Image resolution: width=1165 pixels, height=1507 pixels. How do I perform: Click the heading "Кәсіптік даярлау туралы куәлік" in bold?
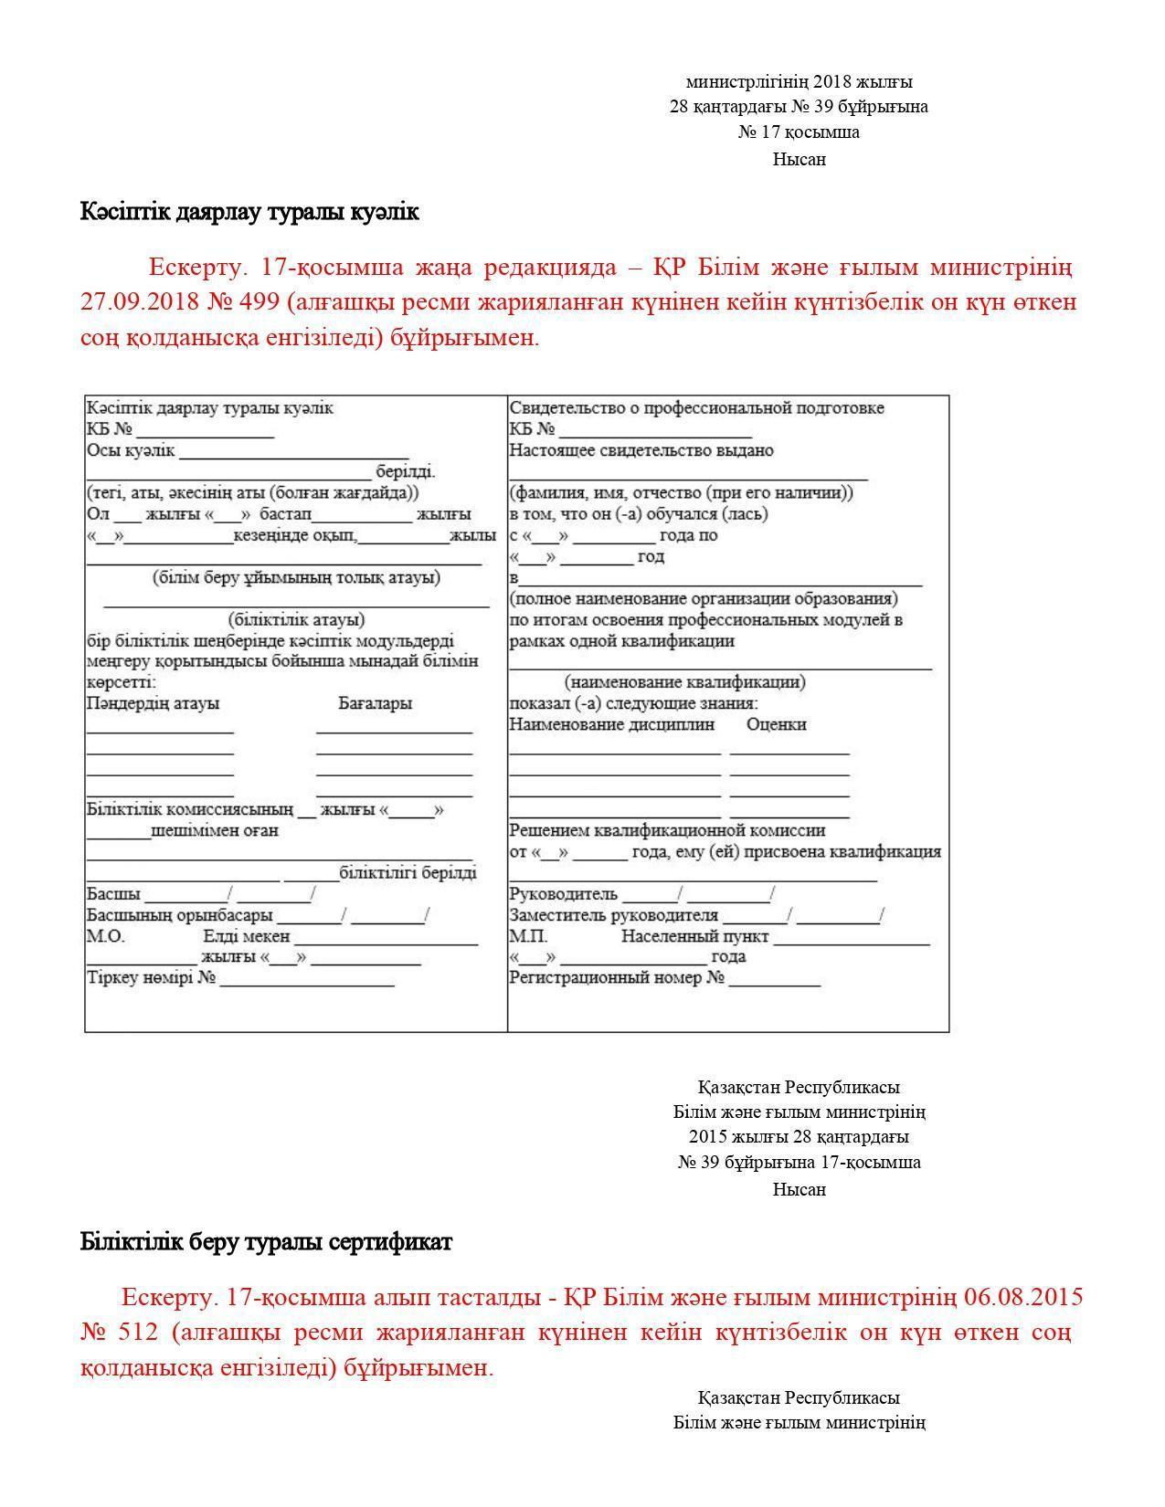(x=249, y=212)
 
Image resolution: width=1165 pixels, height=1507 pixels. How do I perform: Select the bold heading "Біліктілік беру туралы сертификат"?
(x=266, y=1242)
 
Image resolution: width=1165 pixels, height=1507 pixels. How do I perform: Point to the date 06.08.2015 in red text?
(x=1024, y=1297)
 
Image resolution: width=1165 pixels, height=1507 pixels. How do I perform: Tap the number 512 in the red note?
(x=141, y=1332)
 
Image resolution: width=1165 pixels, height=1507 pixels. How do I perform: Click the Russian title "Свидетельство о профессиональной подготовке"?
(x=696, y=408)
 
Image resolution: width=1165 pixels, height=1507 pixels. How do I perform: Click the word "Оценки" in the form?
(x=776, y=724)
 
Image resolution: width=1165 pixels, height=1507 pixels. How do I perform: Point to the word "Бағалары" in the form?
(x=375, y=703)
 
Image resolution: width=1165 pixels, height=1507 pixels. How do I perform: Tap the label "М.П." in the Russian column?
(x=528, y=936)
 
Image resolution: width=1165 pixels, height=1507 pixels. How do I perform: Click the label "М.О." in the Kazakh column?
(x=106, y=936)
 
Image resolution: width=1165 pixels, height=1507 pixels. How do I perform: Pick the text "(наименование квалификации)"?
(x=684, y=682)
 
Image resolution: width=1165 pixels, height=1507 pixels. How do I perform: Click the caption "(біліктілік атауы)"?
(x=297, y=619)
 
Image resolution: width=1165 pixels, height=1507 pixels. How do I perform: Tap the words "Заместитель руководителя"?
(x=613, y=915)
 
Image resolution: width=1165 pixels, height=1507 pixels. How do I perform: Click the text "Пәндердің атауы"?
(x=153, y=703)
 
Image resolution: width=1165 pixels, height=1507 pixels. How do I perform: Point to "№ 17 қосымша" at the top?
(x=799, y=132)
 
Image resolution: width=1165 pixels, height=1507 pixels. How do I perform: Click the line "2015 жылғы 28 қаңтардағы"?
(x=799, y=1137)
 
